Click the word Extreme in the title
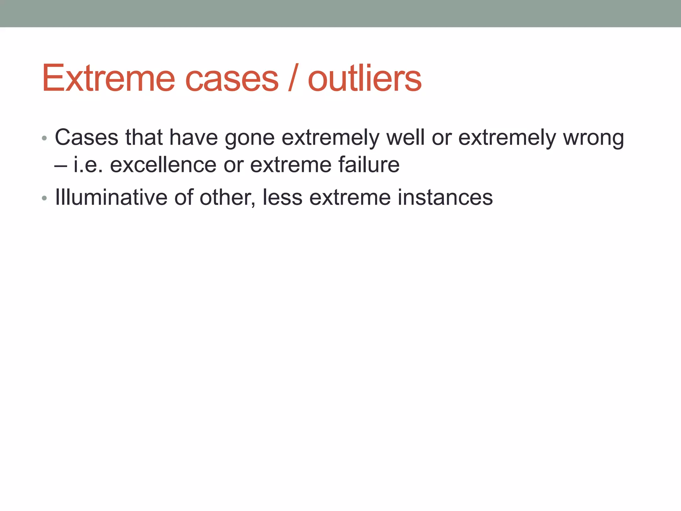[108, 79]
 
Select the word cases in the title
[232, 79]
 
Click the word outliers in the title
[364, 79]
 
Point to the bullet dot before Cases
[45, 138]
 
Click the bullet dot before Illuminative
[45, 198]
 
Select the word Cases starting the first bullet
[86, 137]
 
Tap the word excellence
[163, 165]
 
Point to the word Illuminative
[111, 197]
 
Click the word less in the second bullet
[282, 197]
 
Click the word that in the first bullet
[144, 137]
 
